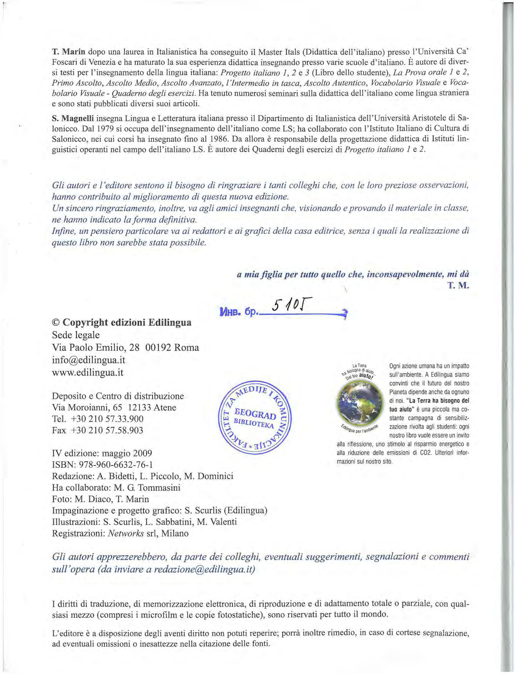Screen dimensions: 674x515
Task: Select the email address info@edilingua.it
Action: (x=89, y=360)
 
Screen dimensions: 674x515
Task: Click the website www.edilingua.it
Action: (x=88, y=372)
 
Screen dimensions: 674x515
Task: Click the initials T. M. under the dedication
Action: (x=459, y=286)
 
